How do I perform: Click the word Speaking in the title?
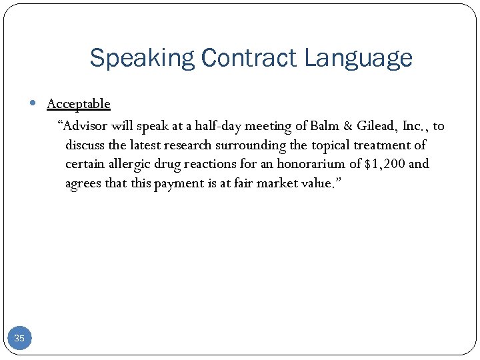pyautogui.click(x=141, y=59)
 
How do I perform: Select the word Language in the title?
pyautogui.click(x=359, y=59)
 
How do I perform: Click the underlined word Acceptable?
pyautogui.click(x=79, y=104)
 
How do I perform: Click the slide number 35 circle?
pyautogui.click(x=19, y=338)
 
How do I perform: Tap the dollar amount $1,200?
pyautogui.click(x=385, y=164)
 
